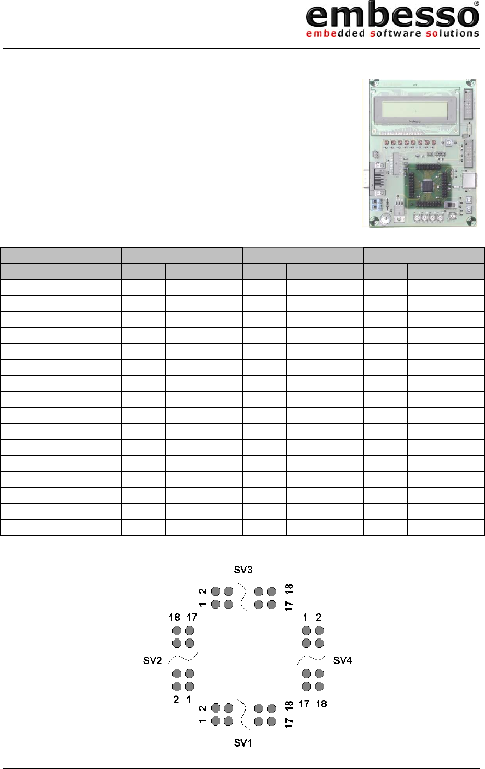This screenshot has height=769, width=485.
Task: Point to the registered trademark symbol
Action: click(x=476, y=4)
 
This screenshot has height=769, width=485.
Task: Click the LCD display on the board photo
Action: click(x=415, y=111)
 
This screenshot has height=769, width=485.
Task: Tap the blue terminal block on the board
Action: click(x=376, y=204)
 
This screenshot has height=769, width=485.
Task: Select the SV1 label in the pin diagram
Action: click(x=243, y=743)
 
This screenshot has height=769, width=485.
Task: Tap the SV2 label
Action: click(x=153, y=660)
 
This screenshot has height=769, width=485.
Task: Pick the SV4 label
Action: click(x=343, y=660)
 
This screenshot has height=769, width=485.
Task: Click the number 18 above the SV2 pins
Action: click(x=175, y=617)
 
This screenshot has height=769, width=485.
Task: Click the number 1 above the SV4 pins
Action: click(x=306, y=617)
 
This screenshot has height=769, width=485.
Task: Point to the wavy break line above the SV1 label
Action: click(x=243, y=714)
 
